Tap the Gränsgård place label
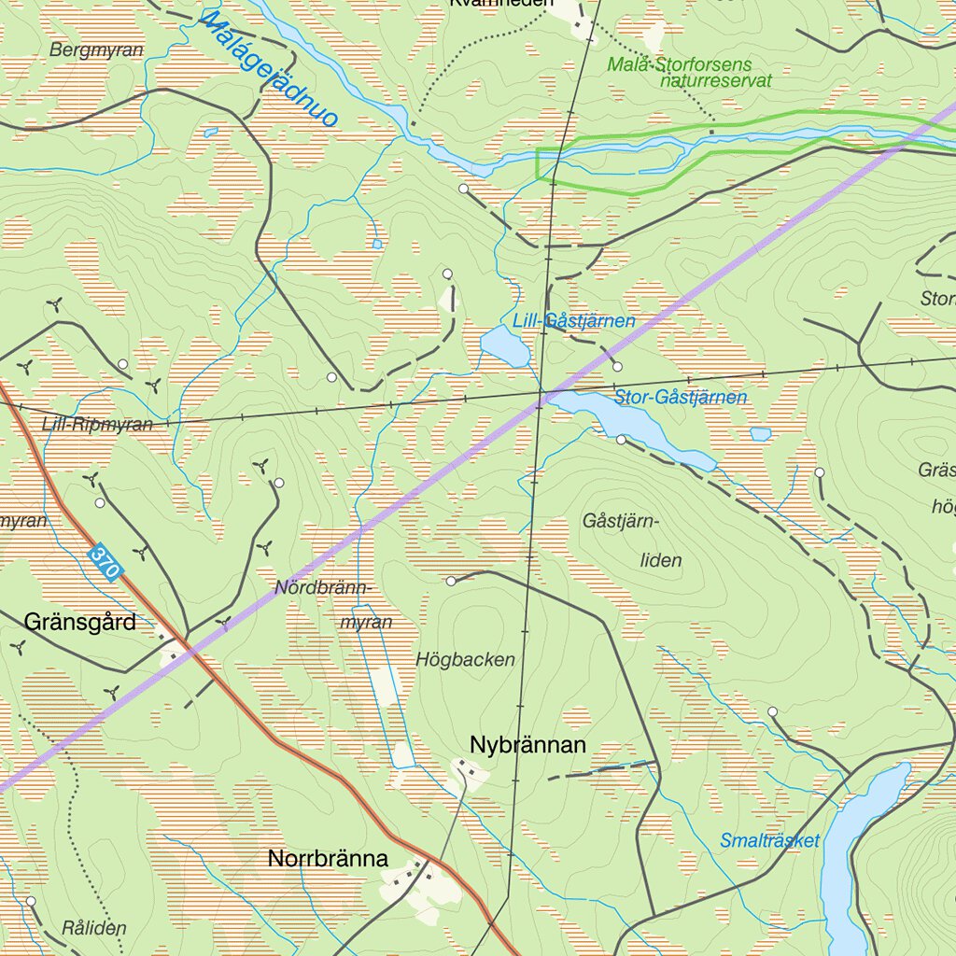click(80, 622)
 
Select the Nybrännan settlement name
click(528, 745)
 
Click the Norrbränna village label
click(328, 859)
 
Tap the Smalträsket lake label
click(769, 841)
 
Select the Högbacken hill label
click(465, 660)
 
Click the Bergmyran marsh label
click(97, 50)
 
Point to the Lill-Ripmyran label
click(97, 425)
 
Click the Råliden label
click(93, 928)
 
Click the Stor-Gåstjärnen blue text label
click(681, 398)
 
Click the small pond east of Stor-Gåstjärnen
click(761, 434)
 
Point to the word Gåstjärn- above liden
click(621, 521)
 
